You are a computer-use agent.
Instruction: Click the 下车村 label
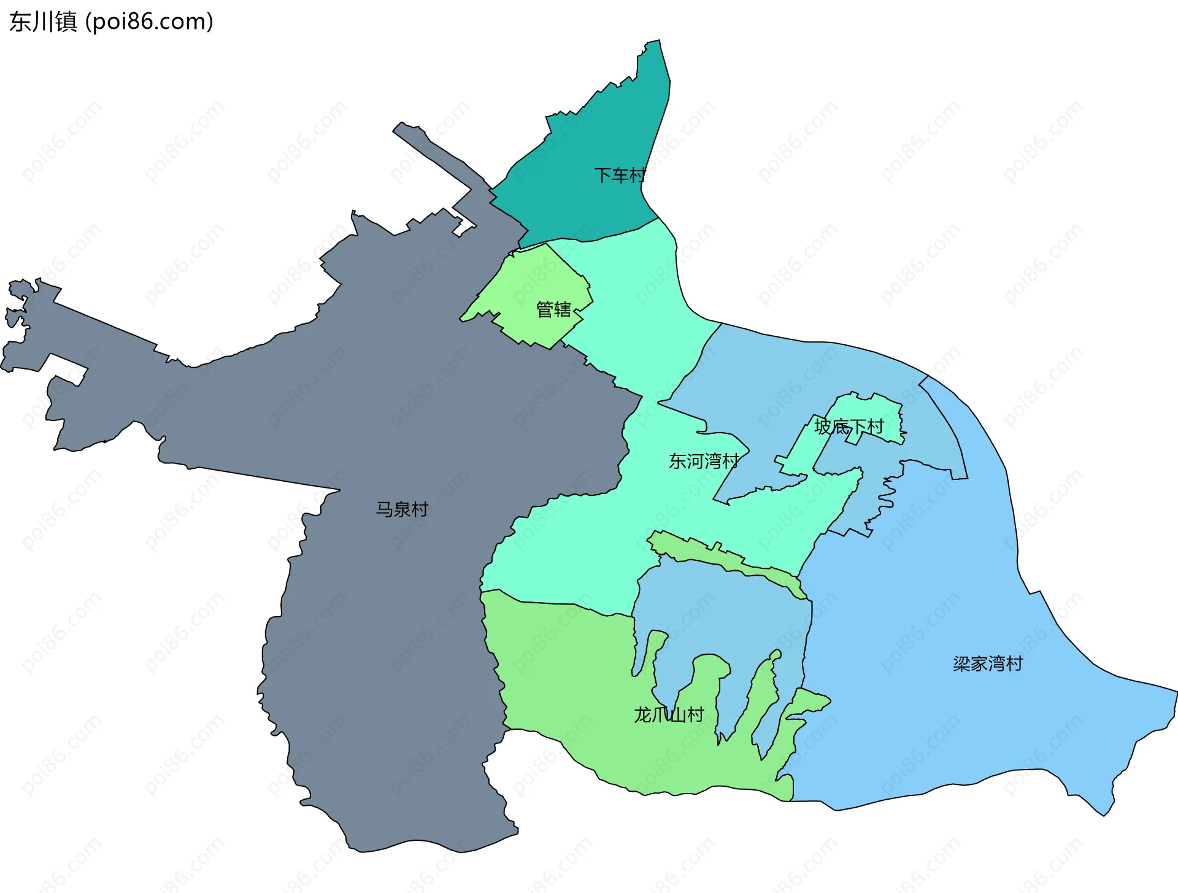click(x=620, y=176)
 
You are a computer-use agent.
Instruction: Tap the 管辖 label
click(x=553, y=309)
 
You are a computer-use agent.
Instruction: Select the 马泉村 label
click(x=402, y=509)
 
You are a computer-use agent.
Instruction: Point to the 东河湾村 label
click(x=704, y=461)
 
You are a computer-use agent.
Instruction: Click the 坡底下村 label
click(x=849, y=426)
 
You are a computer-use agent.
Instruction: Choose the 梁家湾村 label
click(x=988, y=663)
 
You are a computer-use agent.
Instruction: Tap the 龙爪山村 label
click(x=669, y=714)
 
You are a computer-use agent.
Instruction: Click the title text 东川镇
click(x=43, y=22)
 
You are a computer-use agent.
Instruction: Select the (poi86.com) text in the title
click(x=150, y=22)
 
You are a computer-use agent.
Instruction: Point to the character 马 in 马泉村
click(x=385, y=509)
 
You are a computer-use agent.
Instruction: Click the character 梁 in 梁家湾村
click(x=962, y=663)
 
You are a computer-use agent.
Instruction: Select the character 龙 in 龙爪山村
click(x=642, y=714)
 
